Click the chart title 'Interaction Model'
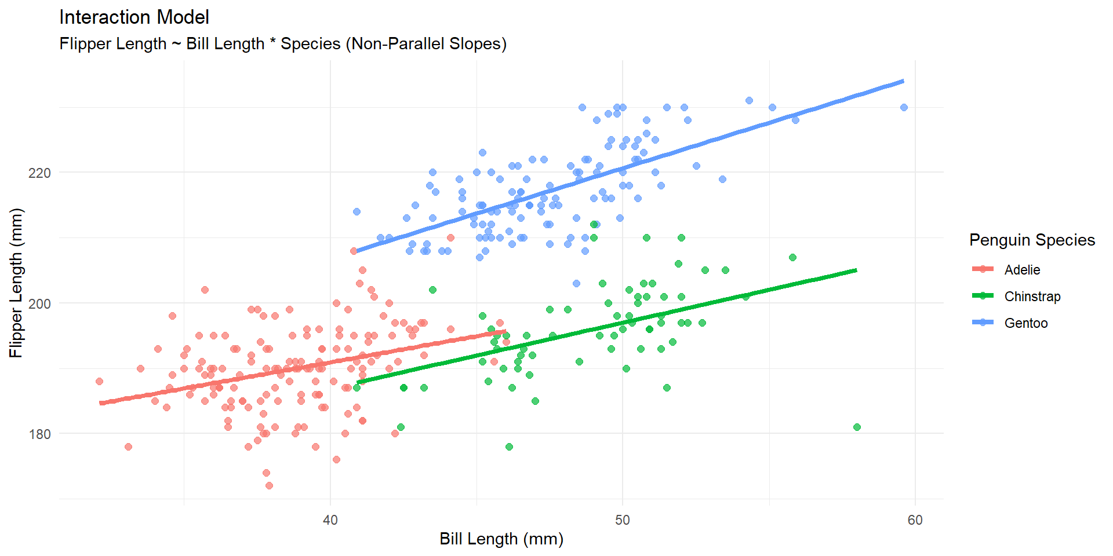coord(134,17)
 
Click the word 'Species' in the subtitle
coord(311,44)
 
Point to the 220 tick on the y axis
coord(39,173)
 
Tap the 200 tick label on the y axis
coord(39,303)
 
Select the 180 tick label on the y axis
coord(39,434)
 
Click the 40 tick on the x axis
coord(330,520)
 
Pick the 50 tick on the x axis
coord(623,520)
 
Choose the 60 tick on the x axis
coord(915,520)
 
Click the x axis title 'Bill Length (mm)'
coord(501,539)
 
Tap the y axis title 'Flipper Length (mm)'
coord(16,283)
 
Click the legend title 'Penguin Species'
coord(1032,240)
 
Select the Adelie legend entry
coord(1022,270)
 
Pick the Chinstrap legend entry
coord(1032,297)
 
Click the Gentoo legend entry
coord(1025,323)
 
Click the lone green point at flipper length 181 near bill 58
coord(857,427)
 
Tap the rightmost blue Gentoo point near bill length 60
coord(904,107)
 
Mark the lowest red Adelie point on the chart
coord(269,485)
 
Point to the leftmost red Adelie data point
coord(99,381)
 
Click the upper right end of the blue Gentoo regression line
coord(903,81)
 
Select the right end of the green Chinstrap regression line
coord(856,270)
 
